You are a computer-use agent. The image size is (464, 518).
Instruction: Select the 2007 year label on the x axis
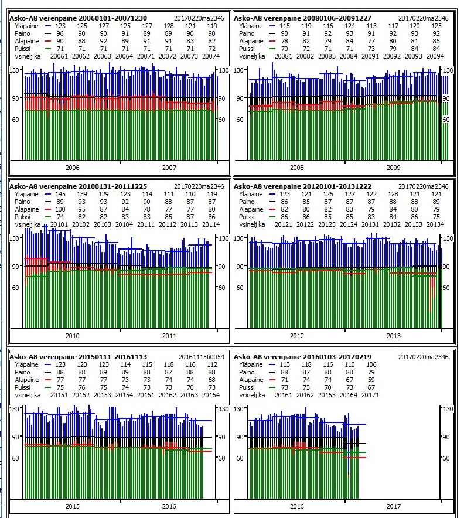tap(169, 168)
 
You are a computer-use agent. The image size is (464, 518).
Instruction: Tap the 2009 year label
tap(394, 168)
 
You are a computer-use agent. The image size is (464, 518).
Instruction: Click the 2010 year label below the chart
tap(72, 336)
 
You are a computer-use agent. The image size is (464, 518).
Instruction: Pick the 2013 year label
tap(394, 336)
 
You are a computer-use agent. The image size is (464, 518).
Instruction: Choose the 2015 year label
tap(72, 506)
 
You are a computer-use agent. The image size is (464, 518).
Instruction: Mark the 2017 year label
tap(394, 506)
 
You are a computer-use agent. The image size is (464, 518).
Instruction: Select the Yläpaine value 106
tap(371, 364)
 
